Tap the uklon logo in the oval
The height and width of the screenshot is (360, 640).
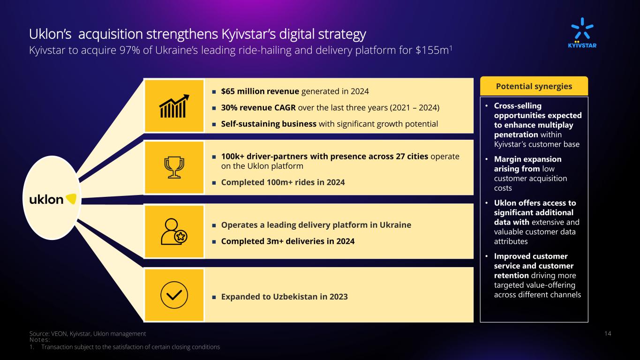53,199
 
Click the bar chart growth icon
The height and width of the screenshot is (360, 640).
174,106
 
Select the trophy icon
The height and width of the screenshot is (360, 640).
174,167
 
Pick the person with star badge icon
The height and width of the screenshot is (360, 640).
174,232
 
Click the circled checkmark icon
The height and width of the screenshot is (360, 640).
174,295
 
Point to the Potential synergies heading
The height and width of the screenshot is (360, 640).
534,86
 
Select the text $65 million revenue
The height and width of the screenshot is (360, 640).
260,91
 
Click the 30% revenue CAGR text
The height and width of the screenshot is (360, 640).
258,108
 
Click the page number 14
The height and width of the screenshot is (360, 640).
608,333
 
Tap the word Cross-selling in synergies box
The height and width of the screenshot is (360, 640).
518,106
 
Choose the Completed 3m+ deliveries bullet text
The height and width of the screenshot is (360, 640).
288,241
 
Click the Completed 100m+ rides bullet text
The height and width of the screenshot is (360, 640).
283,182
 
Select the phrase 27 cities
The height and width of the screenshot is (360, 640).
412,157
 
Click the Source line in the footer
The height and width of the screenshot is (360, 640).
87,334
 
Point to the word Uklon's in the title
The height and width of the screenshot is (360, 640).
50,34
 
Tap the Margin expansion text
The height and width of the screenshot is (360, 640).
528,159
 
